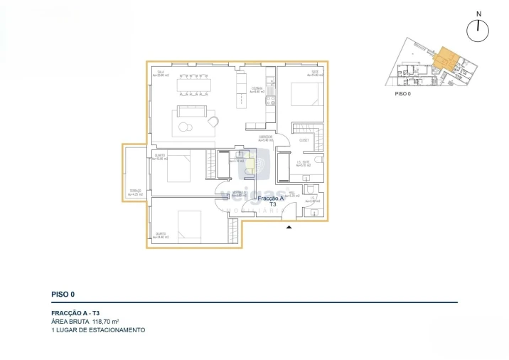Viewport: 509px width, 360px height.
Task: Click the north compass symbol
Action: [x=479, y=30]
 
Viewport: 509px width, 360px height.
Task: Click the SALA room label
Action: [x=161, y=73]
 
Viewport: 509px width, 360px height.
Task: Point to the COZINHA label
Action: [x=257, y=89]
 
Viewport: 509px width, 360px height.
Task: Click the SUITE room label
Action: [x=314, y=73]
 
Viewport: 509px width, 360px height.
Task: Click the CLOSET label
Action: [x=304, y=140]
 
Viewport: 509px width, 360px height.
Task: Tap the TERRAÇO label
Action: [x=135, y=191]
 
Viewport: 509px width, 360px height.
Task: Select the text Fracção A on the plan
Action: [x=272, y=198]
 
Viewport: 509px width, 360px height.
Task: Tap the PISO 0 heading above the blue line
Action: [x=63, y=293]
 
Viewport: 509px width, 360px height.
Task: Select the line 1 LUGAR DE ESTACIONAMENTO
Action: [x=98, y=331]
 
